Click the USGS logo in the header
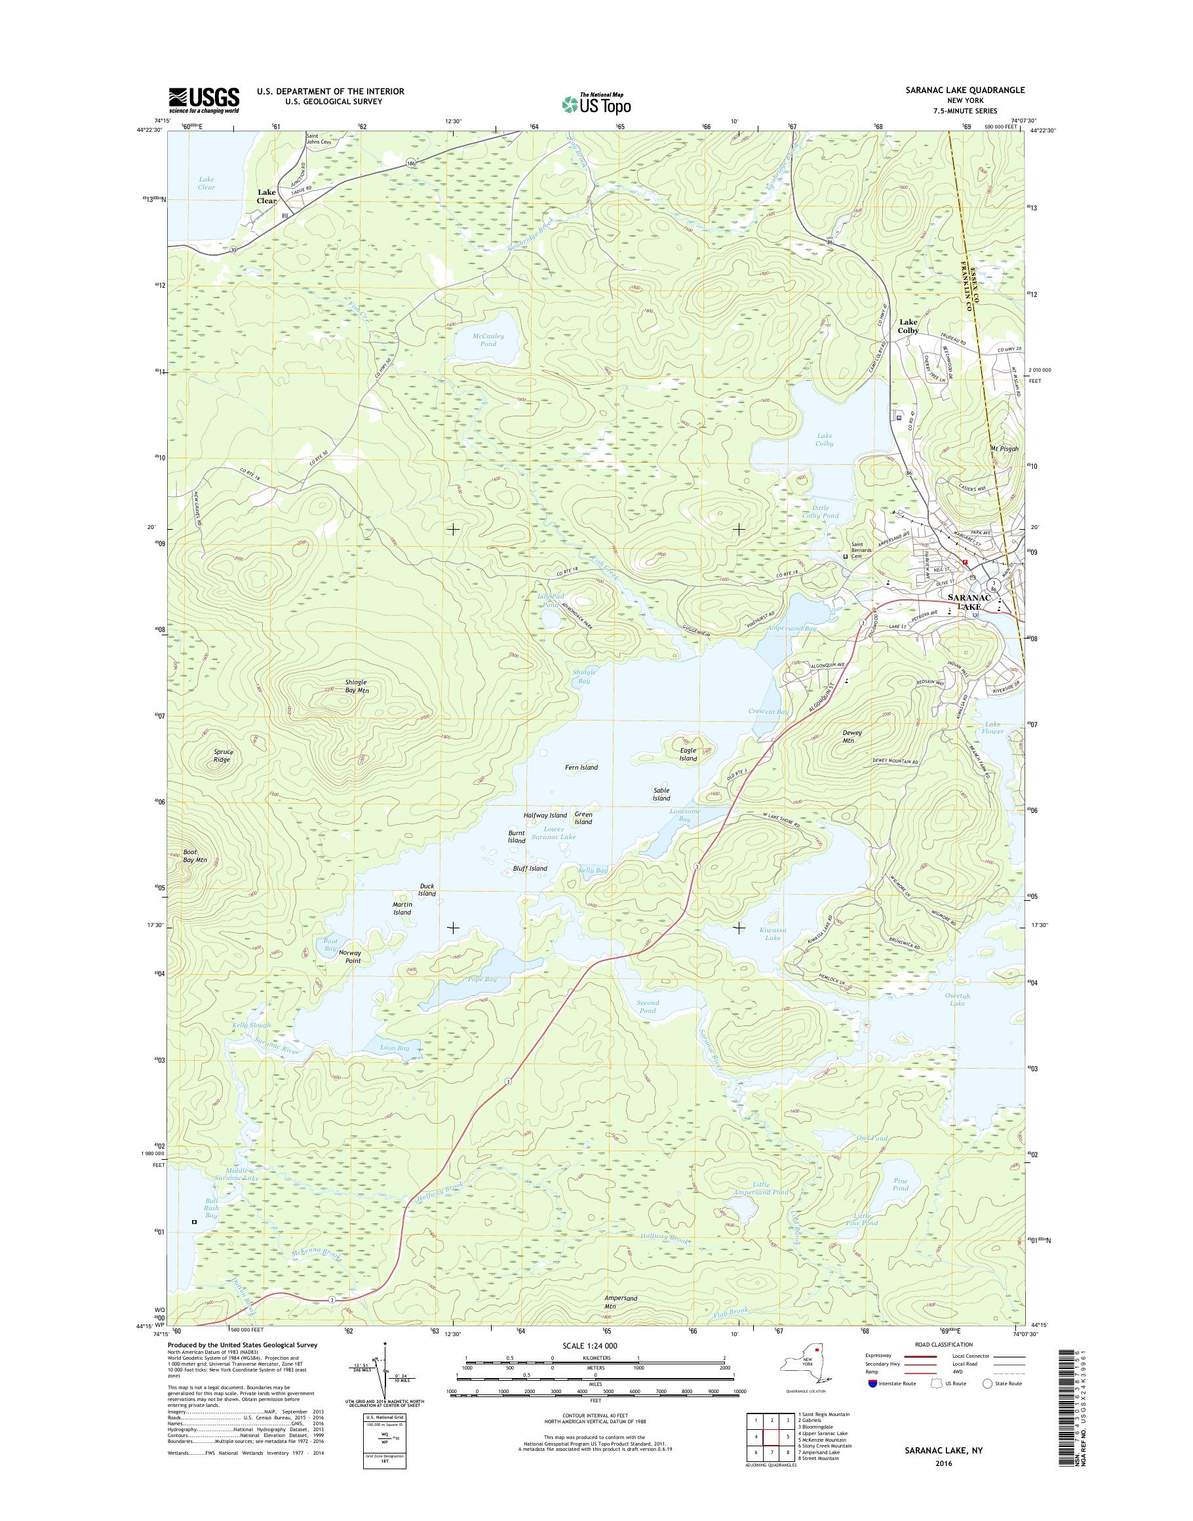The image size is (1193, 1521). click(203, 100)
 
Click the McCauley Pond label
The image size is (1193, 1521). click(488, 340)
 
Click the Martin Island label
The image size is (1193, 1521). click(402, 908)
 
